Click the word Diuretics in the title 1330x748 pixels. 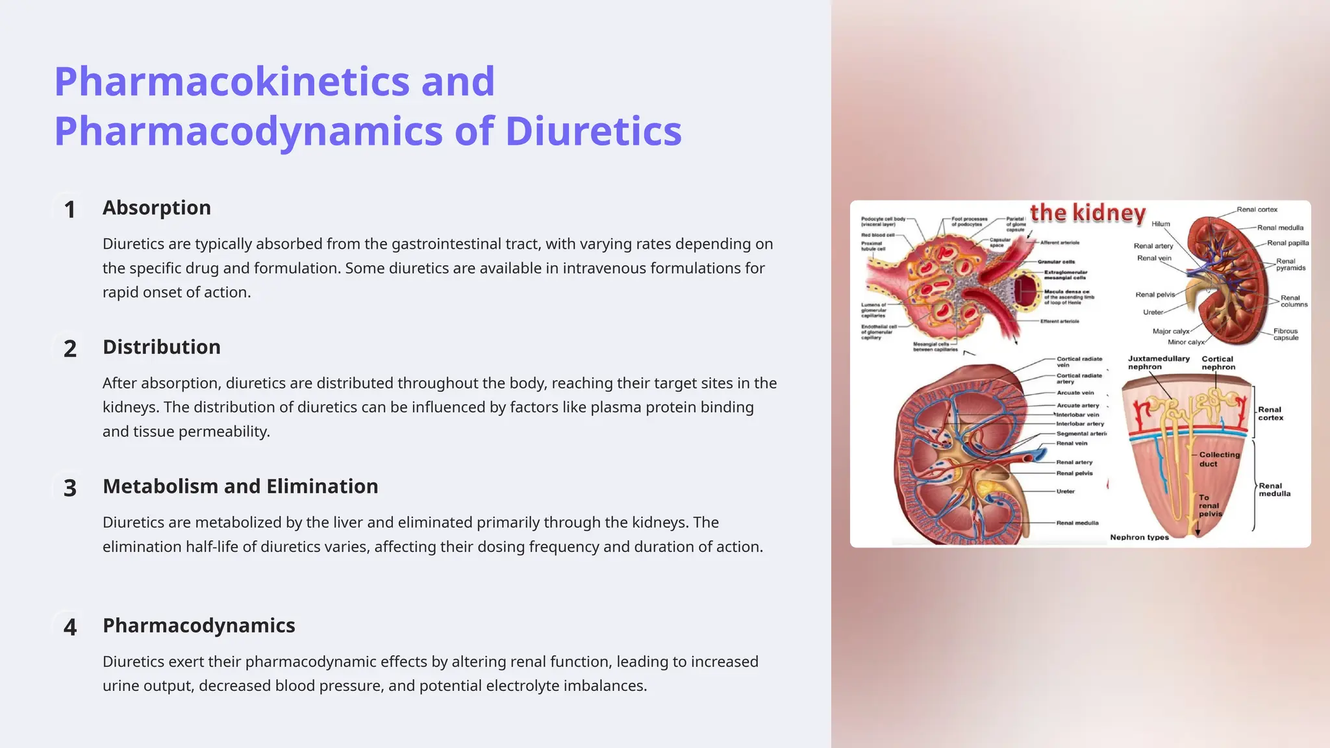tap(593, 131)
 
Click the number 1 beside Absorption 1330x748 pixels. tap(69, 210)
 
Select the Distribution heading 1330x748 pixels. tap(161, 347)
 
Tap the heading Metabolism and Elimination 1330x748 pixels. tap(240, 486)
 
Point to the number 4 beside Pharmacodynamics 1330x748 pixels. tap(69, 627)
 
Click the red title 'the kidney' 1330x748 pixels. tap(1088, 213)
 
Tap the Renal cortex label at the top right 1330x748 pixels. tap(1257, 210)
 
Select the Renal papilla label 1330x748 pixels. tap(1287, 243)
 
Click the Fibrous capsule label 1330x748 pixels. tap(1285, 334)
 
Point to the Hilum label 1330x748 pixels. tap(1161, 224)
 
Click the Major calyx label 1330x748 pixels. tap(1170, 331)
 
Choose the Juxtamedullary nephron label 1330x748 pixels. tap(1158, 362)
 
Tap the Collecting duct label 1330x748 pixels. tap(1218, 459)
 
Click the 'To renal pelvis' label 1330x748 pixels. tap(1209, 506)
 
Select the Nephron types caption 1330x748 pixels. tap(1139, 537)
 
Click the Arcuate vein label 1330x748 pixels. tap(1075, 393)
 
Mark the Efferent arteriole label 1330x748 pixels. tap(1059, 321)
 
